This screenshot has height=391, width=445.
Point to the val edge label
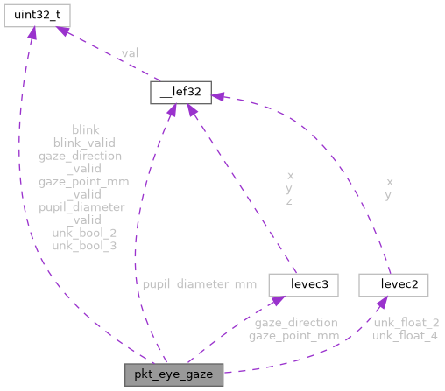click(129, 53)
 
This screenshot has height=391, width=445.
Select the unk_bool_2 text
click(85, 233)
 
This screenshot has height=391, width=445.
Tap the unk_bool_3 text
click(85, 246)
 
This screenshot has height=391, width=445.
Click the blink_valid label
click(84, 142)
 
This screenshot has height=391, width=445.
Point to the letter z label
click(289, 200)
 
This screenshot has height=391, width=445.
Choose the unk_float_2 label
click(406, 322)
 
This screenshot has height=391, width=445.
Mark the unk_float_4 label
click(406, 335)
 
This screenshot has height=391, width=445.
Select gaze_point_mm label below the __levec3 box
click(293, 335)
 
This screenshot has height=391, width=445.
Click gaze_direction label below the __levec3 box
click(293, 322)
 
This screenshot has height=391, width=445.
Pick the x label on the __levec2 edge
click(389, 182)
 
